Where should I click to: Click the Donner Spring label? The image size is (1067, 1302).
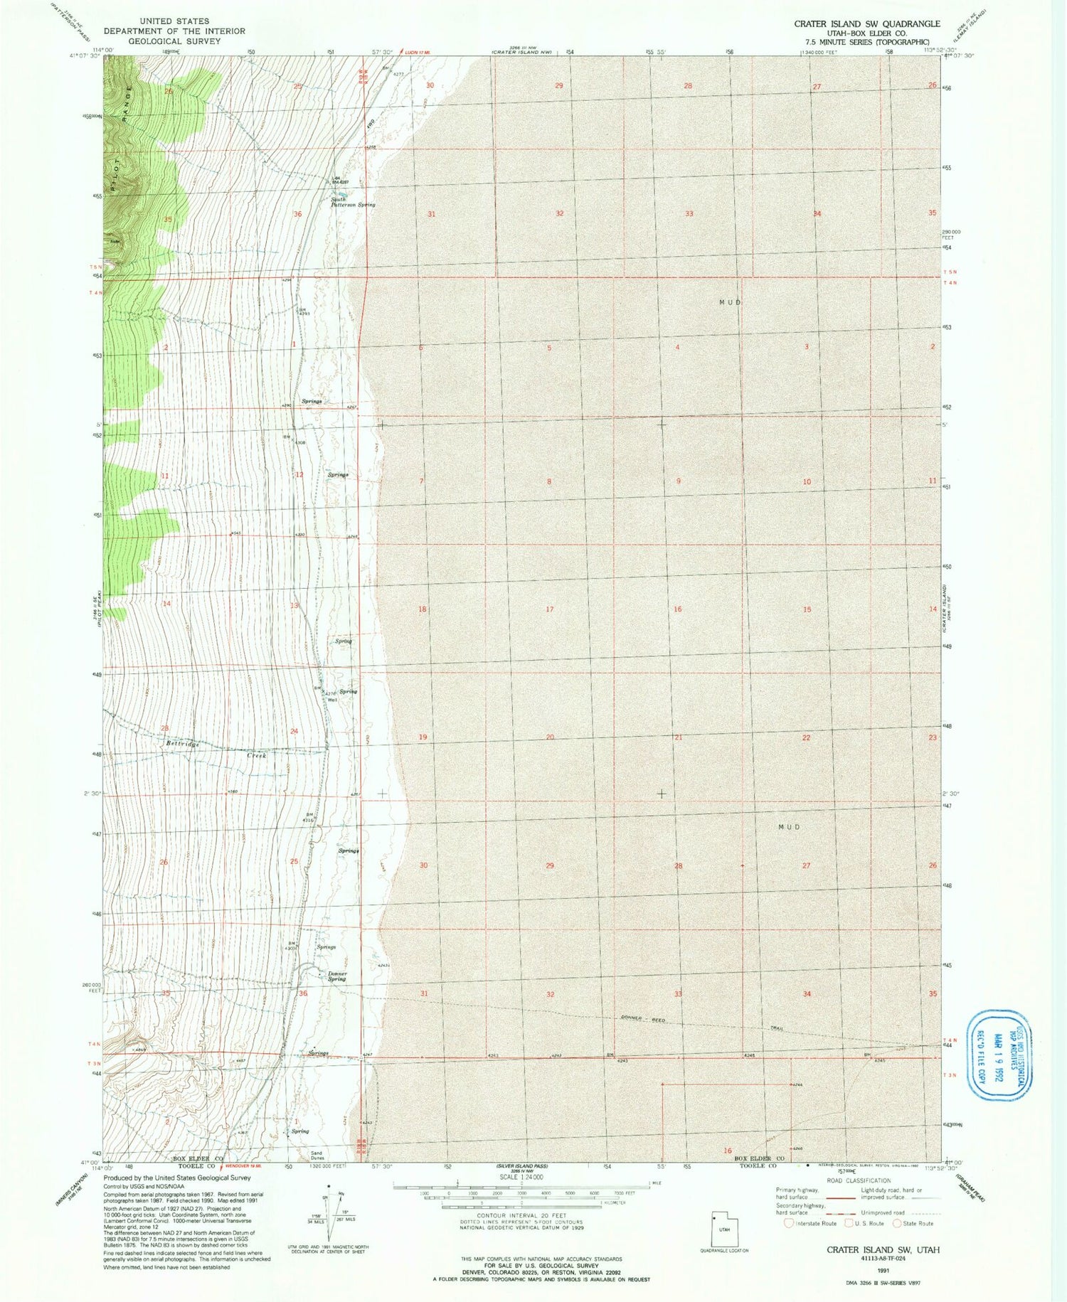[336, 976]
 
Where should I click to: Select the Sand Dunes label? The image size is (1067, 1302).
[317, 1156]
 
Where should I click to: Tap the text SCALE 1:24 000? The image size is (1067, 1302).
[520, 1176]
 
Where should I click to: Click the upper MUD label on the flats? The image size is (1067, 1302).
[730, 302]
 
